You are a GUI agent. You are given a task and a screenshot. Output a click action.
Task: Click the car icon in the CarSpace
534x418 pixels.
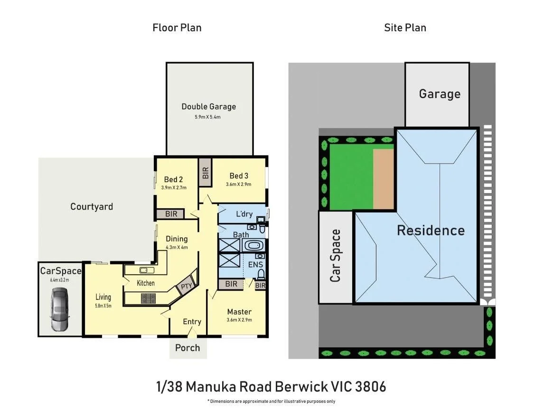(x=60, y=310)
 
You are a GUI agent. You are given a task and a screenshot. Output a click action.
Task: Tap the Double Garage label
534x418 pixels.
(x=208, y=107)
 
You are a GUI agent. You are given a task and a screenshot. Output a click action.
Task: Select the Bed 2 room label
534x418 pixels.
(x=173, y=179)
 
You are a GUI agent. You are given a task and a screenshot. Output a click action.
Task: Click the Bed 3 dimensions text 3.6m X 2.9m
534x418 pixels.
(x=238, y=185)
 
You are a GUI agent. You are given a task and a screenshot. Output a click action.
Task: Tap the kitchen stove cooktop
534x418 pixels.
(x=149, y=298)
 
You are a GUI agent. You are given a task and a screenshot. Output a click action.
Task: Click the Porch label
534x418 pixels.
(x=187, y=348)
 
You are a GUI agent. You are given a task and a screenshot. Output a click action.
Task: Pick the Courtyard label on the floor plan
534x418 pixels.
(x=92, y=206)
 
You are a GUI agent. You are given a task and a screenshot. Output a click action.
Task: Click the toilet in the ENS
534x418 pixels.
(x=261, y=274)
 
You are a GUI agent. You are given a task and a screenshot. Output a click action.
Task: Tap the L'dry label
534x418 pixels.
(x=244, y=214)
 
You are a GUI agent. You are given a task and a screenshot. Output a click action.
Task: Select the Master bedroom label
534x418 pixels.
(x=239, y=312)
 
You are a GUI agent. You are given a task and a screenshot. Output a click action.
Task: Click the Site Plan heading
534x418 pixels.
(x=405, y=28)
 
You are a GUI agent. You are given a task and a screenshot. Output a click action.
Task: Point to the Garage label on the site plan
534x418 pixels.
(x=439, y=94)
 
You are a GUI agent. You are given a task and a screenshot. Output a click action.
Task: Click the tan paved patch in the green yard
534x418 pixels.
(x=383, y=179)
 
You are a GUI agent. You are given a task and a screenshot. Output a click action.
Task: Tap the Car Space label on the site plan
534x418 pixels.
(x=336, y=256)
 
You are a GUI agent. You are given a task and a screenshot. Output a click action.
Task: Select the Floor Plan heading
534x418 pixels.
(x=177, y=28)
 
